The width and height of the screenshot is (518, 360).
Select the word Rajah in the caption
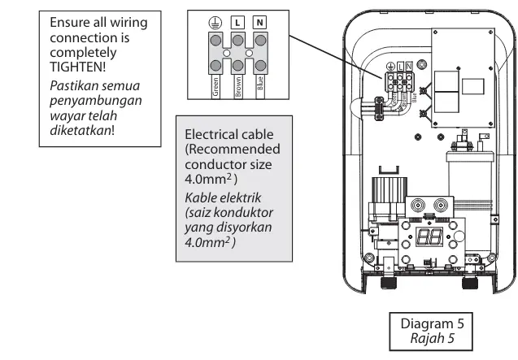tap(424, 336)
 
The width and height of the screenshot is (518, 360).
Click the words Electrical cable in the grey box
tap(229, 134)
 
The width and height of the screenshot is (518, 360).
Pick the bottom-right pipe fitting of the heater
tap(470, 283)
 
